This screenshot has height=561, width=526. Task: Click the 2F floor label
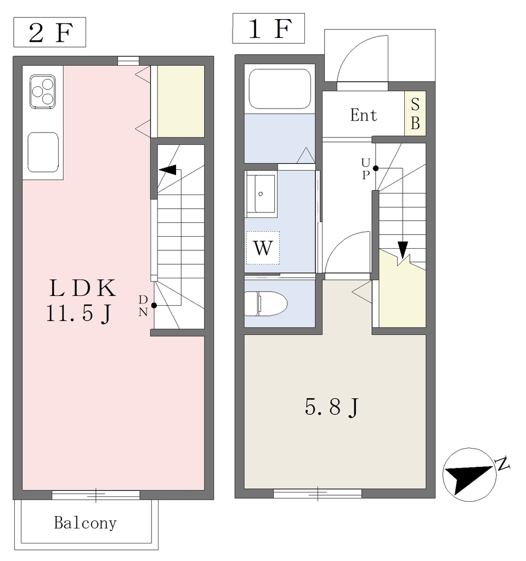tap(50, 32)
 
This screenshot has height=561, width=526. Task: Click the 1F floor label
tap(269, 28)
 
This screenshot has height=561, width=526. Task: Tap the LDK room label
tap(83, 288)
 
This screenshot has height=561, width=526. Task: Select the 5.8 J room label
tap(331, 407)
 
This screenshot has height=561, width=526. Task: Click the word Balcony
tap(85, 523)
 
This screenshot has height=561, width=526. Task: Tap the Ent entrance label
tap(363, 115)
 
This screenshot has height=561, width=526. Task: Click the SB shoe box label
tap(415, 113)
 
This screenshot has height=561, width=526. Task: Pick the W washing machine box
tap(263, 248)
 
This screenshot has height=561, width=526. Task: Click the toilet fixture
tap(265, 304)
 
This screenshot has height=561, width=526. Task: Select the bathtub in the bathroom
tap(280, 89)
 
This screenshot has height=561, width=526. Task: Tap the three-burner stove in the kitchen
tap(43, 91)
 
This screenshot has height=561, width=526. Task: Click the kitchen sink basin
tap(43, 152)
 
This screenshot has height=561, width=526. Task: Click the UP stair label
tap(365, 169)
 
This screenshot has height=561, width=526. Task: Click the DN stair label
tap(143, 306)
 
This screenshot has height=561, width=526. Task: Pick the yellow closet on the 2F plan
tap(181, 101)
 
